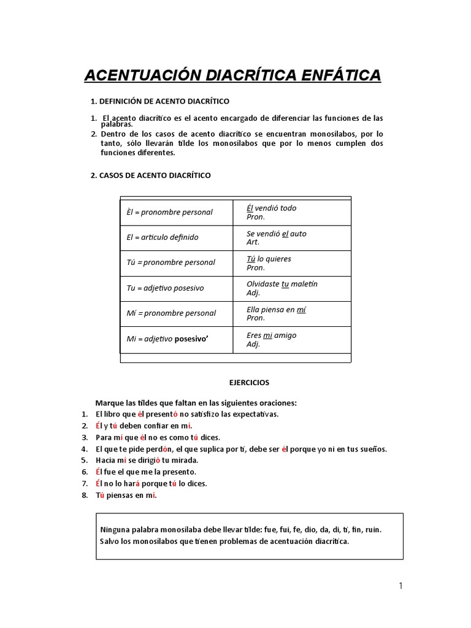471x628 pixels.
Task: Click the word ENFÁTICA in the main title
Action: tap(340, 75)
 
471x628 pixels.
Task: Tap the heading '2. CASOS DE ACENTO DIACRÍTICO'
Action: tap(150, 175)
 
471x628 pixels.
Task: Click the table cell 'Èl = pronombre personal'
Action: tap(169, 212)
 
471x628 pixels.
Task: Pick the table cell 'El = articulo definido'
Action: tap(163, 237)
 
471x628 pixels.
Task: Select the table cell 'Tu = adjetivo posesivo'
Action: tap(165, 288)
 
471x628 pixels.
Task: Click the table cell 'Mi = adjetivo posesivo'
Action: tap(167, 339)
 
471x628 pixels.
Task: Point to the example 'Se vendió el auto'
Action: tap(276, 234)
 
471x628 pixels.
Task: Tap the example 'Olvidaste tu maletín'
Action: tap(281, 284)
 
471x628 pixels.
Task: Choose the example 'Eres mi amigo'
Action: tap(271, 335)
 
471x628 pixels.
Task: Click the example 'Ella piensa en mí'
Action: tap(276, 310)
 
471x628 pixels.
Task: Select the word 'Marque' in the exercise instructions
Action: tap(108, 403)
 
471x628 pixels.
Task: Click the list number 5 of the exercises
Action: tap(85, 460)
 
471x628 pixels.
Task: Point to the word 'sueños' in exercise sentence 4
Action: tap(373, 449)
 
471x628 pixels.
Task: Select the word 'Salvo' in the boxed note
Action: tap(109, 541)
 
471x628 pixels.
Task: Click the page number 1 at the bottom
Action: tap(401, 586)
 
